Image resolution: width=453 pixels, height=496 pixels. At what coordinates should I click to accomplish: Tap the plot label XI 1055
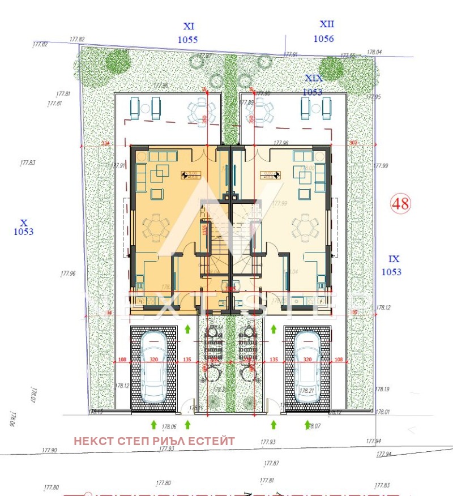(188, 33)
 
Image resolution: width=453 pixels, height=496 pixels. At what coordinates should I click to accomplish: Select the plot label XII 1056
(324, 32)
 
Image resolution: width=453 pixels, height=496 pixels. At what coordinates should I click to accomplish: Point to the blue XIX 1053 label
(313, 85)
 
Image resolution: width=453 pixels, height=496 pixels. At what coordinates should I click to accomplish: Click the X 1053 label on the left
(23, 227)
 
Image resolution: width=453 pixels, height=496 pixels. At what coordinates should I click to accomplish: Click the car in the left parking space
(154, 366)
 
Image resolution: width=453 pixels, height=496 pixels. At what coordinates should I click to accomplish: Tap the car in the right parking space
(307, 366)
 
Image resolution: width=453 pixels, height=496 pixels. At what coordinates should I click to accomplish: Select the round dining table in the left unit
(155, 228)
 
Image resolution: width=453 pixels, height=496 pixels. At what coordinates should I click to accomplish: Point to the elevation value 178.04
(374, 52)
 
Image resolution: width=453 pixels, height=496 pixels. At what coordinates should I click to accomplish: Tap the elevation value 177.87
(272, 463)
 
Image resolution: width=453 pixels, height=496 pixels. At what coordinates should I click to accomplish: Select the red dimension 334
(105, 144)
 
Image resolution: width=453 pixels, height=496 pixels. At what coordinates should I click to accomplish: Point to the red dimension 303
(353, 144)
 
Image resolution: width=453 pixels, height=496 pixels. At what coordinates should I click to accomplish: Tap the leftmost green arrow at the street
(153, 424)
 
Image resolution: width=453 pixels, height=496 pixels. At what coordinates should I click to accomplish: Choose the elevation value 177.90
(50, 450)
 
